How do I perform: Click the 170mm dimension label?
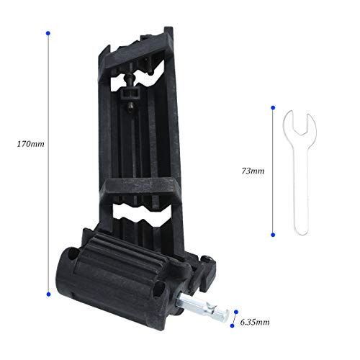coord(30,144)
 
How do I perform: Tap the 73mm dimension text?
coord(253,172)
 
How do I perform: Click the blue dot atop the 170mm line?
coord(48,33)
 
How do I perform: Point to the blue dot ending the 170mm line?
coord(48,293)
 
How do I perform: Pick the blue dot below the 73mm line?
coord(274,235)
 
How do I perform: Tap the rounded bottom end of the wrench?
coord(297,230)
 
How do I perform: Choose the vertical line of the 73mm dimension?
coord(274,173)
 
